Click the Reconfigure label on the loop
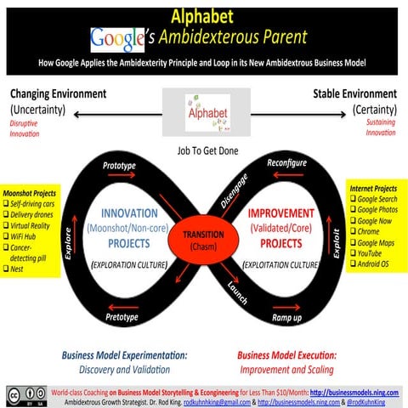tap(286, 161)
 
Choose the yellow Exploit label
tap(338, 240)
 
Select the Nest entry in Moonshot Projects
tap(17, 269)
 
